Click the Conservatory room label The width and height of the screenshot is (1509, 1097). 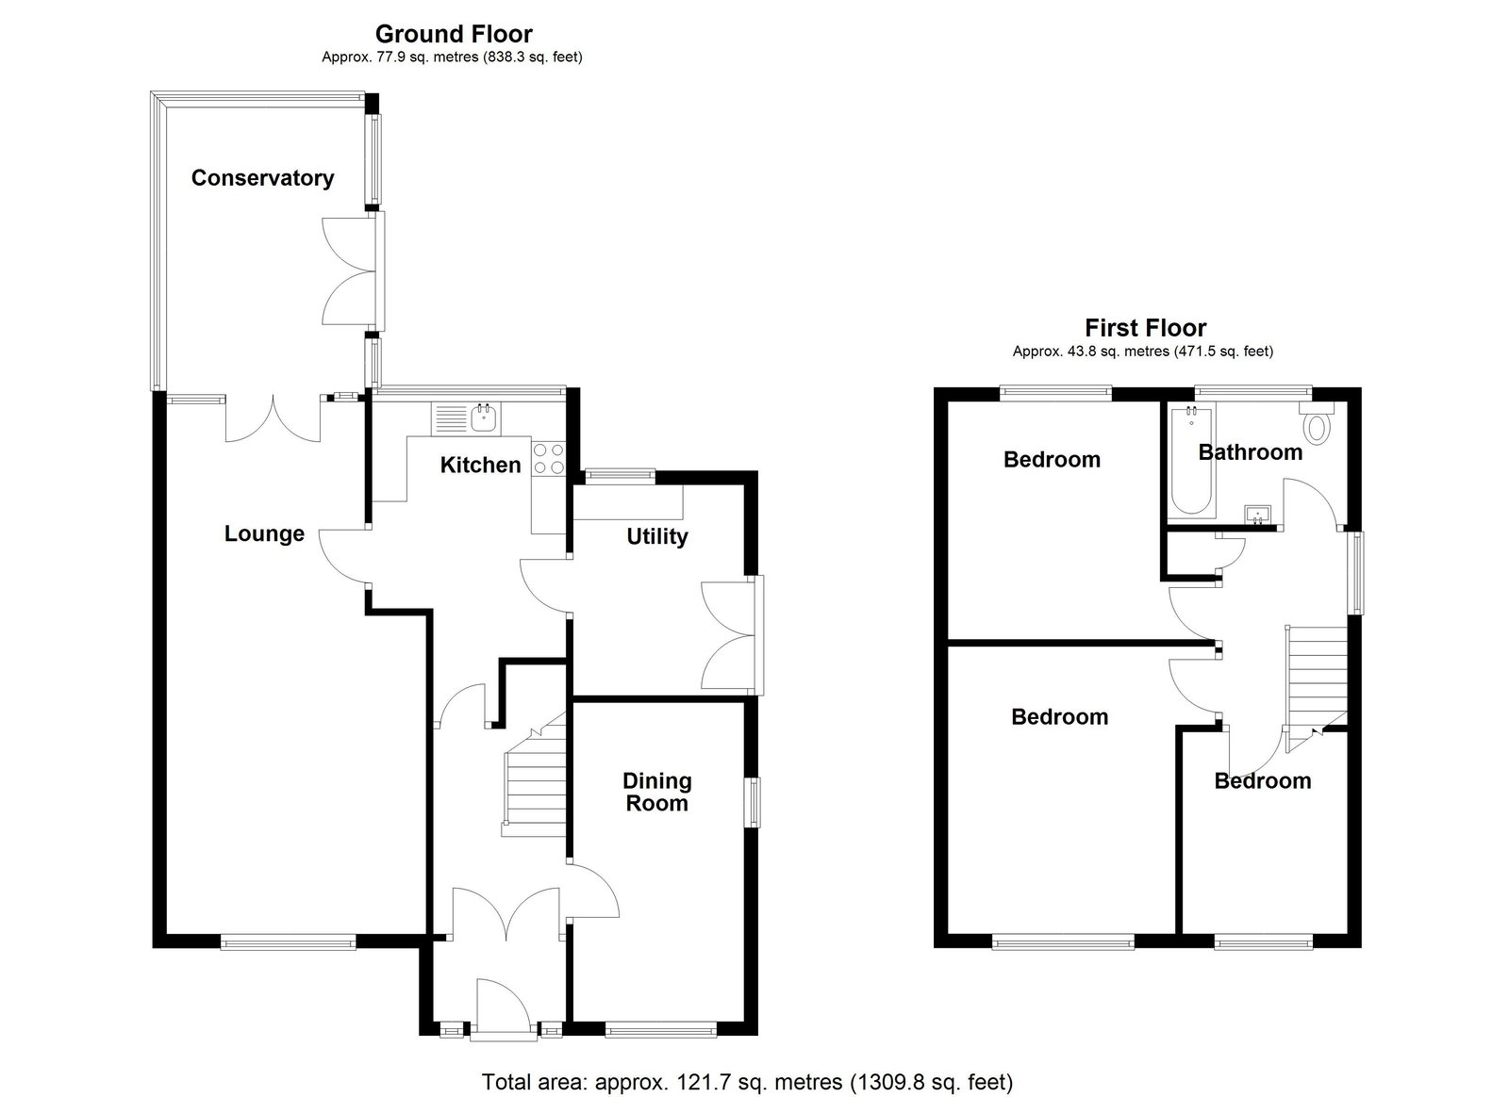(263, 178)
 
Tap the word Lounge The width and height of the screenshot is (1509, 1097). (264, 534)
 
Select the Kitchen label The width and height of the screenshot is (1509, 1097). (480, 465)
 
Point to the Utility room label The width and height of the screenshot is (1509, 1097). (656, 537)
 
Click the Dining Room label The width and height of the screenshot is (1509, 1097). (656, 793)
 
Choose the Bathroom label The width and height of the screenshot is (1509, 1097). (1251, 452)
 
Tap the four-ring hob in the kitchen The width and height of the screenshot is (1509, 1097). (548, 458)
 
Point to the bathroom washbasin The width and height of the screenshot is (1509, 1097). (1258, 515)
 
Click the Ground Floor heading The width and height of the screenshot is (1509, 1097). (454, 34)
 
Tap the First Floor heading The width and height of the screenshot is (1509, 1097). (1145, 328)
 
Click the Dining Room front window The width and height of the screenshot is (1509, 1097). (661, 1028)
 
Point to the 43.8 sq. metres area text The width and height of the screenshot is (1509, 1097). (1142, 352)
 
